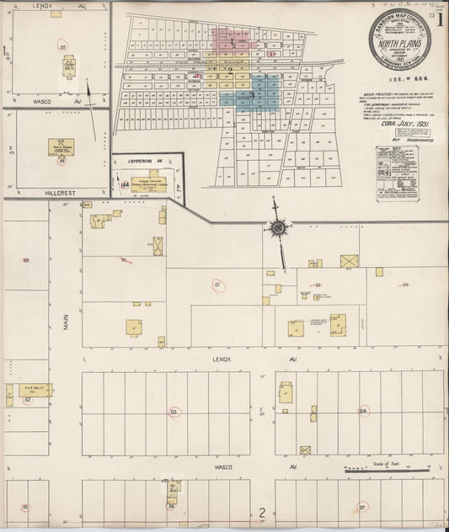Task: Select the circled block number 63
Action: [174, 412]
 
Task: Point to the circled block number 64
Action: [364, 411]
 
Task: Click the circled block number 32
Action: [218, 285]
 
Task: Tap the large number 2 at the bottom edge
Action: [262, 513]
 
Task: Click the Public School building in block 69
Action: [61, 145]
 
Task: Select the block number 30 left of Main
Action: [25, 262]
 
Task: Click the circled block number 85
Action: [25, 507]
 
